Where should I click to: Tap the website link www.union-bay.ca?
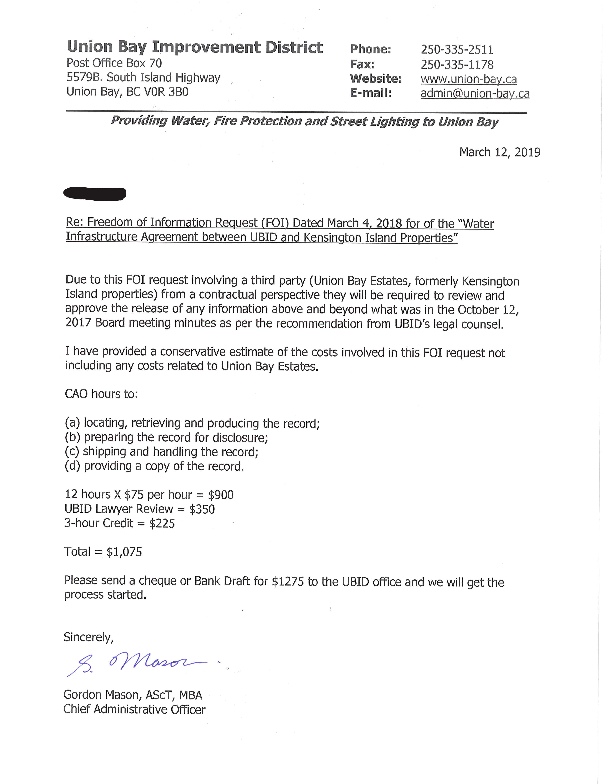click(x=469, y=79)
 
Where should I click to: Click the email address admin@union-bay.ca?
click(x=475, y=93)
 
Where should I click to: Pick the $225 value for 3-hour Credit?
click(x=162, y=523)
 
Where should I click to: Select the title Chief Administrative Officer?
click(x=134, y=710)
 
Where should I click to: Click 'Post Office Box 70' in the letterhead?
click(x=114, y=63)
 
